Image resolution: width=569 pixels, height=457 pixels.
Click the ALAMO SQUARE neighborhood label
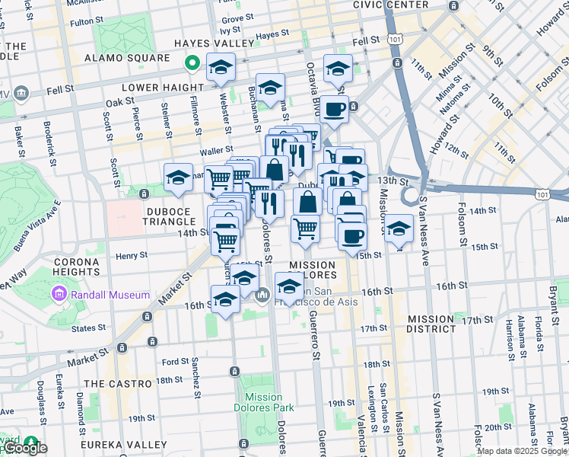coord(127,58)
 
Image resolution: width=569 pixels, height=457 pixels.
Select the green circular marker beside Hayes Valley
coord(193,63)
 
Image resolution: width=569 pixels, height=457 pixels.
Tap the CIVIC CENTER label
coord(391,5)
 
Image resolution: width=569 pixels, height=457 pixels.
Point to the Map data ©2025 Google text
coord(521,451)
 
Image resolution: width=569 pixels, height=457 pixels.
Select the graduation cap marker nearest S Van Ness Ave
coord(398,227)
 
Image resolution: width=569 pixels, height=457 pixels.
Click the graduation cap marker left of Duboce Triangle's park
coord(177,177)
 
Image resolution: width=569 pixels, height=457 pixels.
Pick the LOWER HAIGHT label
coord(162,88)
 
